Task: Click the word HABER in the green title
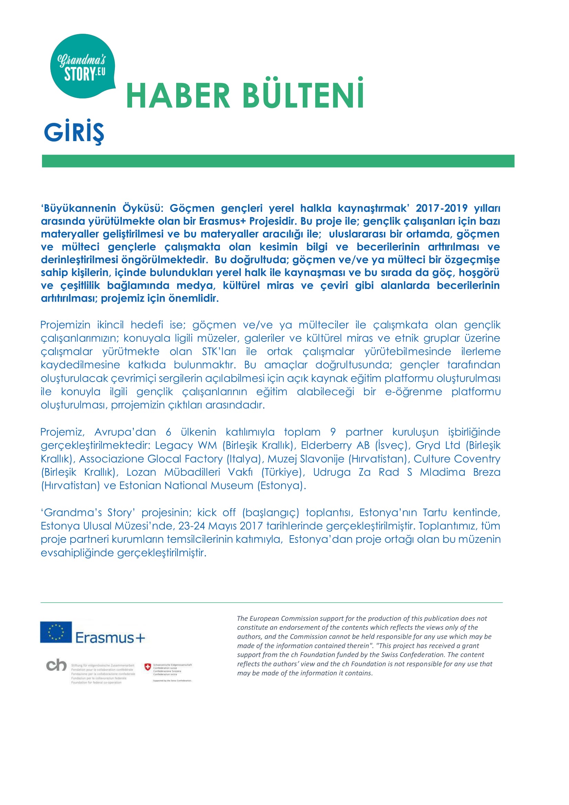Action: pyautogui.click(x=178, y=95)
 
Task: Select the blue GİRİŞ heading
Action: pyautogui.click(x=74, y=132)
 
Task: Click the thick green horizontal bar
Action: pyautogui.click(x=278, y=161)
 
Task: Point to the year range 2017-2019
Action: pyautogui.click(x=441, y=208)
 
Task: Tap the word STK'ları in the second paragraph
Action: pyautogui.click(x=219, y=351)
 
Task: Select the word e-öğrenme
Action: pyautogui.click(x=414, y=391)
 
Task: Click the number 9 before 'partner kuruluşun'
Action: pyautogui.click(x=333, y=432)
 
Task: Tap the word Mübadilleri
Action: pyautogui.click(x=192, y=472)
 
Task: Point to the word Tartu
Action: pyautogui.click(x=434, y=512)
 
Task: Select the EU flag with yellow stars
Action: pyautogui.click(x=56, y=632)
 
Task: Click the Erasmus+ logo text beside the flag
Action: pyautogui.click(x=110, y=638)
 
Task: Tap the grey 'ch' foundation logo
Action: pyautogui.click(x=56, y=665)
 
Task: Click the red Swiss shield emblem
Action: pyautogui.click(x=148, y=667)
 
